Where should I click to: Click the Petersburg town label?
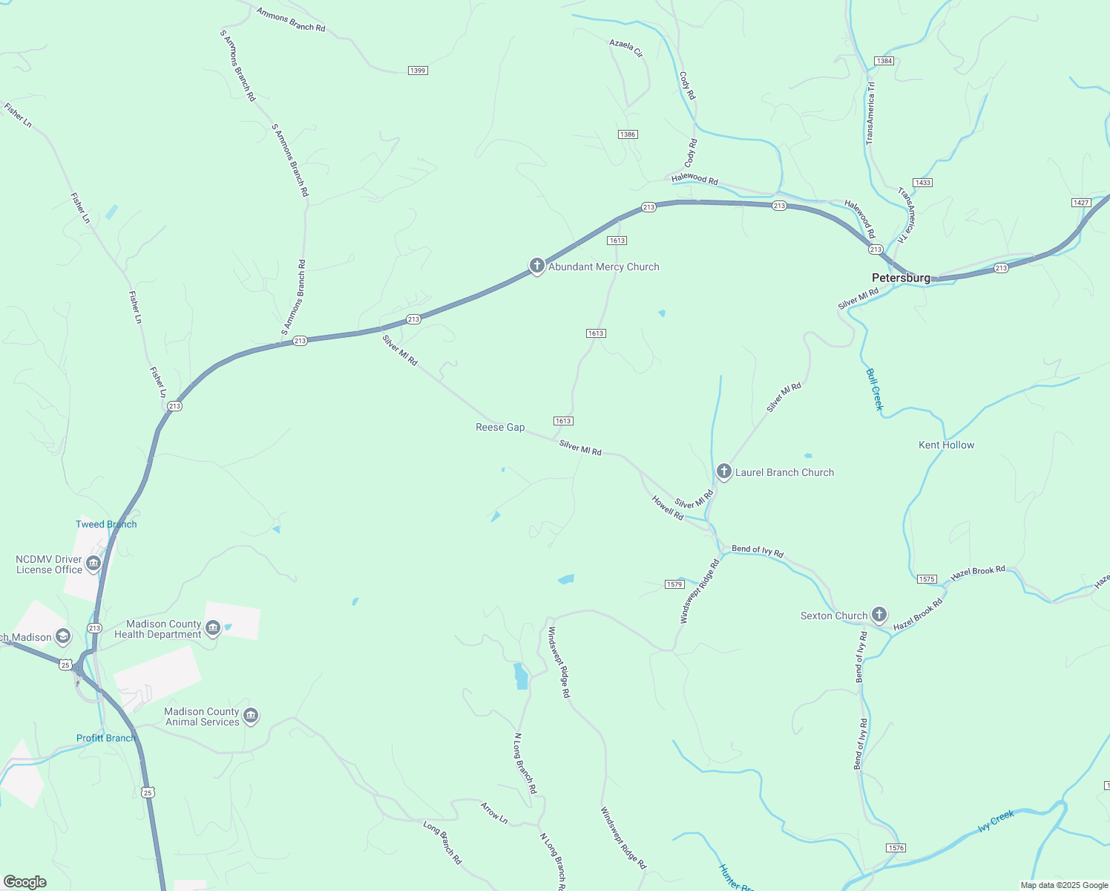click(x=901, y=278)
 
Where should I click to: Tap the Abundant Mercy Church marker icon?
click(x=537, y=267)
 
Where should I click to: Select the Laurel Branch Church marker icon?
click(x=724, y=472)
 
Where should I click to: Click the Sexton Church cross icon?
click(x=879, y=615)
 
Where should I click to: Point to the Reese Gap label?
click(x=500, y=427)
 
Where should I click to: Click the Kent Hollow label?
click(x=946, y=445)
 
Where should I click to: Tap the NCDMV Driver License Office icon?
click(x=93, y=564)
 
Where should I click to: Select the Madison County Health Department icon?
click(x=213, y=629)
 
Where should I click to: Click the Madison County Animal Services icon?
click(x=251, y=717)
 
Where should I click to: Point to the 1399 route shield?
click(x=418, y=71)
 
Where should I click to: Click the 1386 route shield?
click(x=628, y=134)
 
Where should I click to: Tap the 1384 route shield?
click(x=884, y=61)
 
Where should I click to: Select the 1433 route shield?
click(x=923, y=183)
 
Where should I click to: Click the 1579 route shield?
click(x=674, y=584)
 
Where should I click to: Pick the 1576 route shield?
click(x=896, y=847)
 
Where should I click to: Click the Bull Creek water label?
click(x=876, y=388)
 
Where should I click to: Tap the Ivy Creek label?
click(x=996, y=821)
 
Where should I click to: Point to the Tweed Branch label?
click(x=106, y=524)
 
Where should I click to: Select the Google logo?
click(x=25, y=882)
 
